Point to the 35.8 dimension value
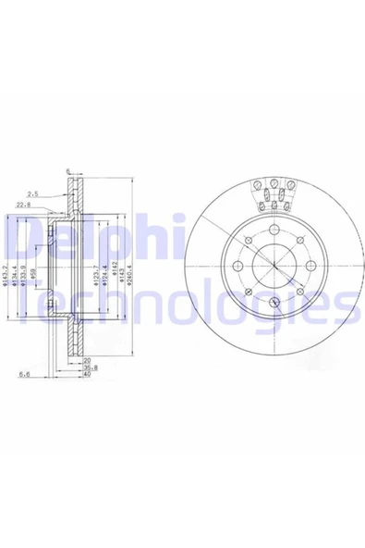(x=87, y=367)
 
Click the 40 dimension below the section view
(x=86, y=376)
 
